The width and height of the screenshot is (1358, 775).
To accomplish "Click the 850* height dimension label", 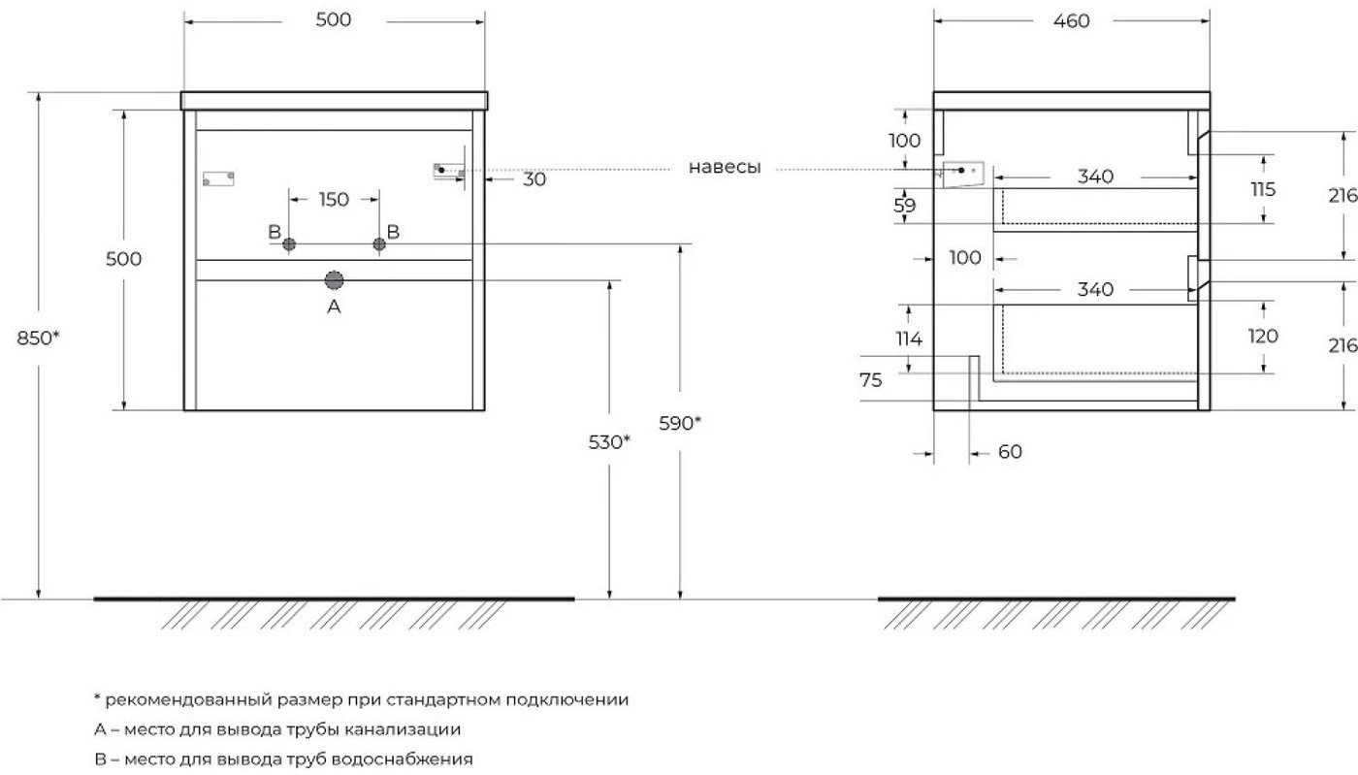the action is click(38, 338).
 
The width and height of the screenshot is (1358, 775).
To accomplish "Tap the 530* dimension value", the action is click(609, 442).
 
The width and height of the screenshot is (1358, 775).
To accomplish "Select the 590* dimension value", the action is click(680, 423).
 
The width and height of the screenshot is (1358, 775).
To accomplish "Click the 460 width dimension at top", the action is click(1071, 21).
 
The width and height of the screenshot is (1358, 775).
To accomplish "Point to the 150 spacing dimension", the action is click(334, 200).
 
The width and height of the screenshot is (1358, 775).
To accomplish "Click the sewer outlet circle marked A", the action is click(334, 280).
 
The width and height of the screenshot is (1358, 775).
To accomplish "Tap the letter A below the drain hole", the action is click(334, 307).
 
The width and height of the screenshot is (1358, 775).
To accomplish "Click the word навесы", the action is click(725, 167).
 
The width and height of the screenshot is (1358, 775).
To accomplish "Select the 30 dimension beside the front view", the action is click(534, 179).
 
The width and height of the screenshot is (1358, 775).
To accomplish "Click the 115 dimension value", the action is click(1263, 190).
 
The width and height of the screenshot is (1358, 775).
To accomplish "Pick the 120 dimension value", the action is click(1263, 336).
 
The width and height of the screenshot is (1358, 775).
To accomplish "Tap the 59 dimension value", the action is click(904, 206).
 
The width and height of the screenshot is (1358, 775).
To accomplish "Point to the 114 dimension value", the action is click(909, 339).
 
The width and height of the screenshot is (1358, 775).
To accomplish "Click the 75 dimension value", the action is click(871, 380).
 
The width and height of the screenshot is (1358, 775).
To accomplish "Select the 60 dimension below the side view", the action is click(1010, 452).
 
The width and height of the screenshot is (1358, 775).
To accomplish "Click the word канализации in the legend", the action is click(403, 728).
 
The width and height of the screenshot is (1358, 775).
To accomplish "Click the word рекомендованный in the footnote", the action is click(189, 699).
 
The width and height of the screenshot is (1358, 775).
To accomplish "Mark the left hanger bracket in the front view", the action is click(218, 178).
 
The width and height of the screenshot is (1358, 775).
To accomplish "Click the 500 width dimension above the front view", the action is click(334, 20).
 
